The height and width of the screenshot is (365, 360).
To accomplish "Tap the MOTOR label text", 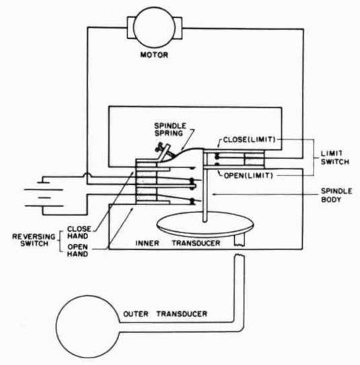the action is (154, 55).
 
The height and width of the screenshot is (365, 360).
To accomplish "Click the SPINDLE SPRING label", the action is (170, 130).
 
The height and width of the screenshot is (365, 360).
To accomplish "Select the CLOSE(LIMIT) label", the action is (250, 140).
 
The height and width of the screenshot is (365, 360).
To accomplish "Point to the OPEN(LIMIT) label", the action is (248, 175).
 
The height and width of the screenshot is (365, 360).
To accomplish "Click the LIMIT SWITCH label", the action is (335, 157).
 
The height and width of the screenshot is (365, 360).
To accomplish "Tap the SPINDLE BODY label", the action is (336, 195).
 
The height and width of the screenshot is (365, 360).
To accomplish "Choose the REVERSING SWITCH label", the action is (34, 240).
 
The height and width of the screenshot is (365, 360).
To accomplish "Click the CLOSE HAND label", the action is (79, 233).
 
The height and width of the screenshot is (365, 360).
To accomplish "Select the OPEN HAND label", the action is (77, 250).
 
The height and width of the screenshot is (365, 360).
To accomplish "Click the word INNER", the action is (147, 243).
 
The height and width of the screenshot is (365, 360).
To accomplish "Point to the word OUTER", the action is (136, 314).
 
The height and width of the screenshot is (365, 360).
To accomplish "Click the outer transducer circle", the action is (56, 327).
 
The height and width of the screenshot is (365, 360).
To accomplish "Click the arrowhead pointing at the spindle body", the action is (213, 194).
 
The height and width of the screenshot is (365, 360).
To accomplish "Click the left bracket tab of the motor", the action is (131, 28).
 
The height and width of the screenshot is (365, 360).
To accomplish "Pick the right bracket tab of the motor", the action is (178, 28).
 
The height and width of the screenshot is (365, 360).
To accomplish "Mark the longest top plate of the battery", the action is (44, 190).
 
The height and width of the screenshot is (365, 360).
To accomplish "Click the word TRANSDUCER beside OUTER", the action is (182, 314).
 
